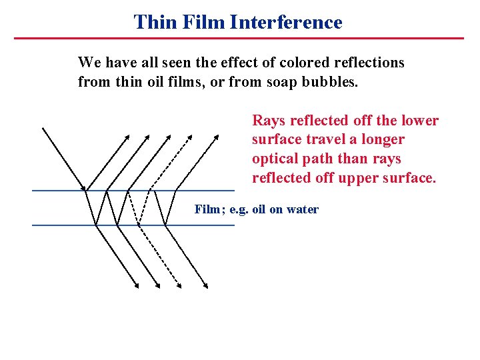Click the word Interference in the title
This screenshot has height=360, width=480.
pos(286,22)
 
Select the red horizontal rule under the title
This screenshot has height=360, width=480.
pos(239,38)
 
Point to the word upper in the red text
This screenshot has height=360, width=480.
pos(359,178)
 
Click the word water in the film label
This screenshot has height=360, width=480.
pos(303,209)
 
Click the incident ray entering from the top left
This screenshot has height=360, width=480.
pos(63,157)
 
